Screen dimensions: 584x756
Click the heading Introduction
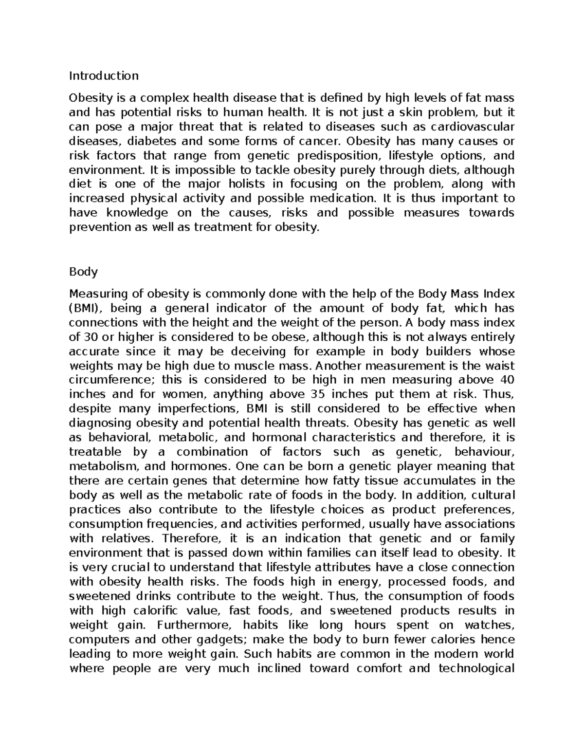[x=104, y=76]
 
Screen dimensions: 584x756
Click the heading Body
[x=83, y=272]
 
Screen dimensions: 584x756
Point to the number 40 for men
[x=507, y=380]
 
